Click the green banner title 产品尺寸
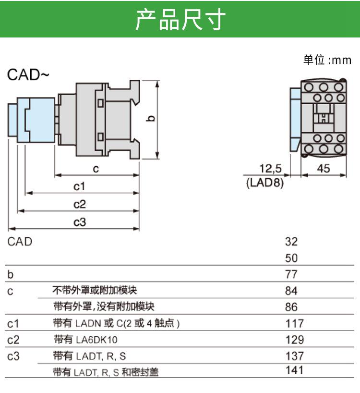tap(180, 19)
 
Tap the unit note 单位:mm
tap(327, 60)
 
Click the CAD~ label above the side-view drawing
tap(28, 74)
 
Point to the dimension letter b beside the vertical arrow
tap(150, 118)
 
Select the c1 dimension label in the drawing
tap(79, 186)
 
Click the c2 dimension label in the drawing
tap(80, 204)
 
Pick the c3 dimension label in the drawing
tap(80, 222)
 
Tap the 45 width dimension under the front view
tap(324, 169)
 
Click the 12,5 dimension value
tap(270, 169)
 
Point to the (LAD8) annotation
tap(265, 183)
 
